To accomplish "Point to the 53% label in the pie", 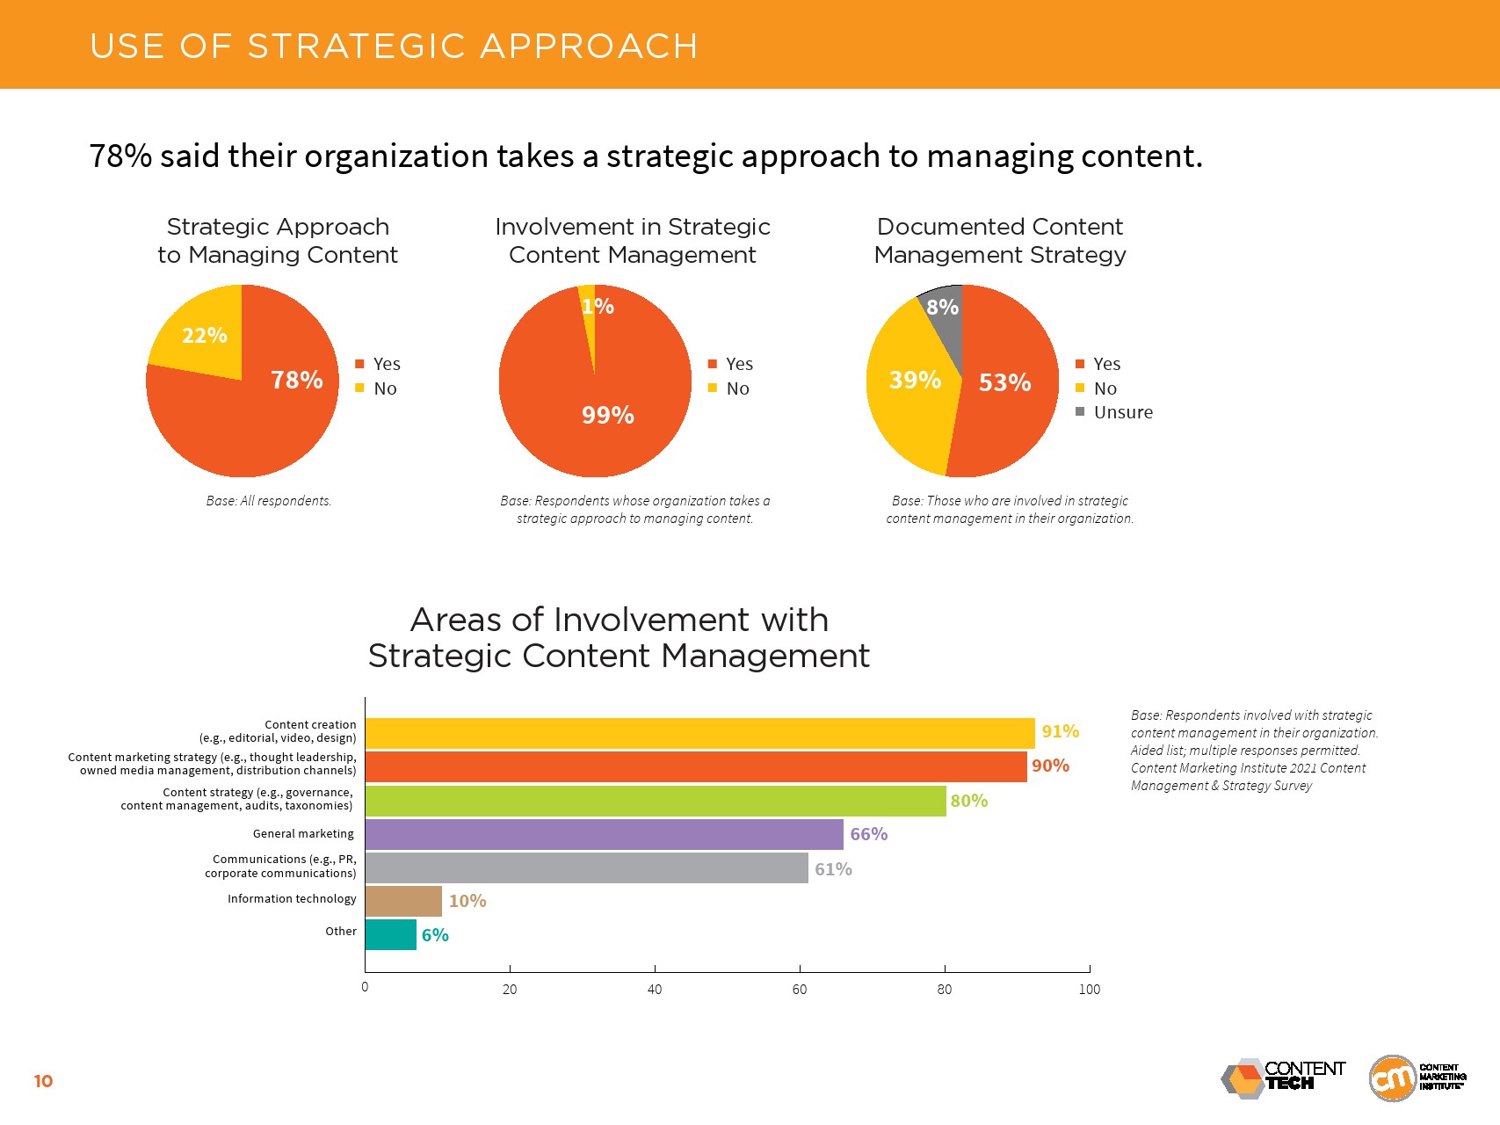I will [x=1004, y=382].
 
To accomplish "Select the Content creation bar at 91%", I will [x=699, y=733].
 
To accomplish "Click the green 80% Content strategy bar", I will [x=656, y=801].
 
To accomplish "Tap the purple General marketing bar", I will [x=604, y=834].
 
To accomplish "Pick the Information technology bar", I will [x=403, y=901].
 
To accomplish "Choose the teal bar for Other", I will [x=390, y=934].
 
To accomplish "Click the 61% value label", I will [x=833, y=869].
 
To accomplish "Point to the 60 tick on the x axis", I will [x=800, y=990].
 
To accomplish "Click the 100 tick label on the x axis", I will [x=1089, y=990].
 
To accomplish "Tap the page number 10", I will [x=43, y=1081].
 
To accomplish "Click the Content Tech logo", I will [x=1283, y=1078].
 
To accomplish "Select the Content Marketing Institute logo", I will [x=1417, y=1078].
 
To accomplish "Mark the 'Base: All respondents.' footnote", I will [x=269, y=501].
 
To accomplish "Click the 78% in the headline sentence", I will [x=120, y=156].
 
